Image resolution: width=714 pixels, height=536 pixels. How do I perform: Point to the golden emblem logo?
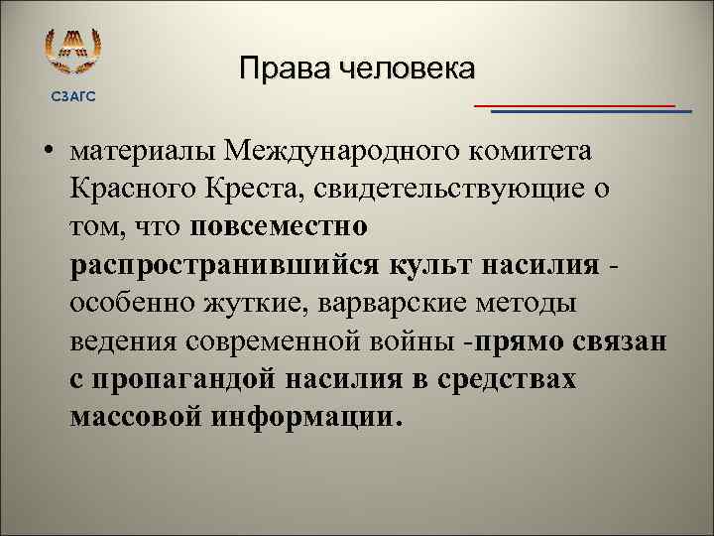point(74,50)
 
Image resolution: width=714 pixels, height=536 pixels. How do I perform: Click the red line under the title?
point(575,104)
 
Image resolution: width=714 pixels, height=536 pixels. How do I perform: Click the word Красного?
point(133,189)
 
